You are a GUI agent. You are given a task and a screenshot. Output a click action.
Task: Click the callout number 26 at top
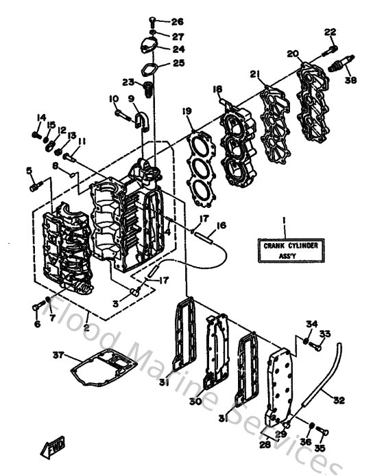coord(178,21)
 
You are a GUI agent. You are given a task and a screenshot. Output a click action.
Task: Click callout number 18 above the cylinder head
coord(217,89)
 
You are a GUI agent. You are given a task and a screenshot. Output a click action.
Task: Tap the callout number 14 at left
coord(41,117)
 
